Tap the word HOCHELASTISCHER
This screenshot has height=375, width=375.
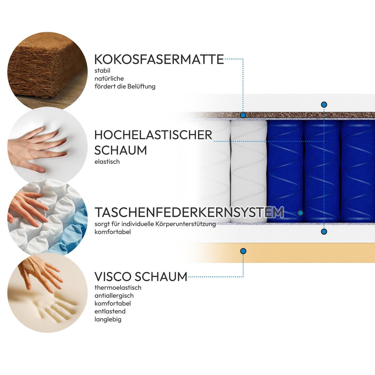coord(153,135)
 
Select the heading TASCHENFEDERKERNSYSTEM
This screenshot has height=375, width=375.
coord(189,212)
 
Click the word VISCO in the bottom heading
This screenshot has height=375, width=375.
coord(113,277)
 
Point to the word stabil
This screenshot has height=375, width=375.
coord(102,71)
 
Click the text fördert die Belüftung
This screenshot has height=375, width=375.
coord(125,86)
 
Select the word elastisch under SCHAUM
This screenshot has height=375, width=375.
coord(107,162)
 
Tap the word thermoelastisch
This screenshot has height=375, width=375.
coord(118,287)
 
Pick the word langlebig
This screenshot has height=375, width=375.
coord(108,319)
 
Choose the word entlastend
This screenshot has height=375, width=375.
coord(110,311)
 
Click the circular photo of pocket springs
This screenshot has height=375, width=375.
coord(47,217)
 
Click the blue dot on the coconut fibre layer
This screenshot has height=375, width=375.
coord(243,115)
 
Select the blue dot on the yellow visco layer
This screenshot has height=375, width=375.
coord(243,251)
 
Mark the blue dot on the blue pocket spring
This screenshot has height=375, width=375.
coord(300,213)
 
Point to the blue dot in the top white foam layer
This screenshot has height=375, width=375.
coord(324,105)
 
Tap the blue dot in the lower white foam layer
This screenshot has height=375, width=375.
coord(324,232)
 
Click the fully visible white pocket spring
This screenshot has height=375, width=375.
coord(248,171)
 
